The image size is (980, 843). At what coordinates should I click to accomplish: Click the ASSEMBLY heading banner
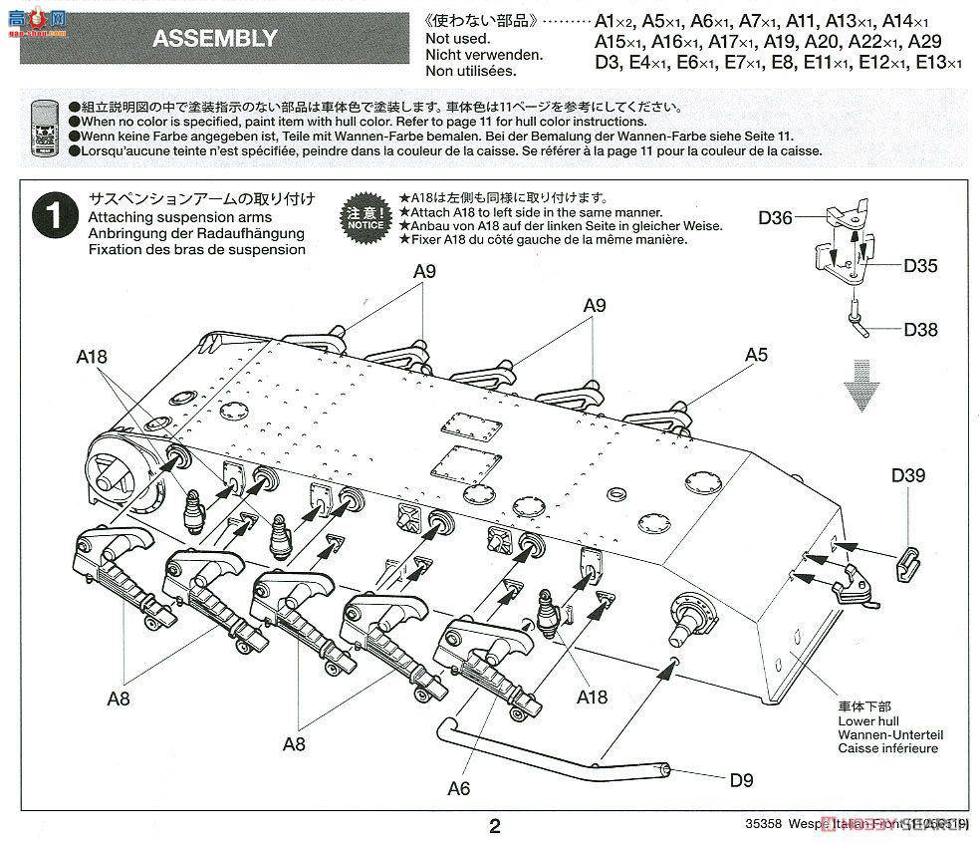tap(215, 39)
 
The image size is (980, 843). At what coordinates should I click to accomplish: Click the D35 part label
tap(920, 266)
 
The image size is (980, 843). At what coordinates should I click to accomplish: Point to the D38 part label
tap(920, 330)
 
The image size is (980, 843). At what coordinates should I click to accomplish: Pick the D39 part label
tap(907, 475)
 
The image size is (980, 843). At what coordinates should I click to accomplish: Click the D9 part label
tap(740, 780)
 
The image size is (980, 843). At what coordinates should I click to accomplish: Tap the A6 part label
tap(458, 788)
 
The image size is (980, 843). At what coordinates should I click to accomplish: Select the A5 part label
tap(756, 354)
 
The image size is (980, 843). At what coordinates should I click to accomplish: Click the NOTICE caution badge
tap(364, 217)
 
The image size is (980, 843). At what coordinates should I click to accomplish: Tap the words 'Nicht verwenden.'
tap(483, 55)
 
